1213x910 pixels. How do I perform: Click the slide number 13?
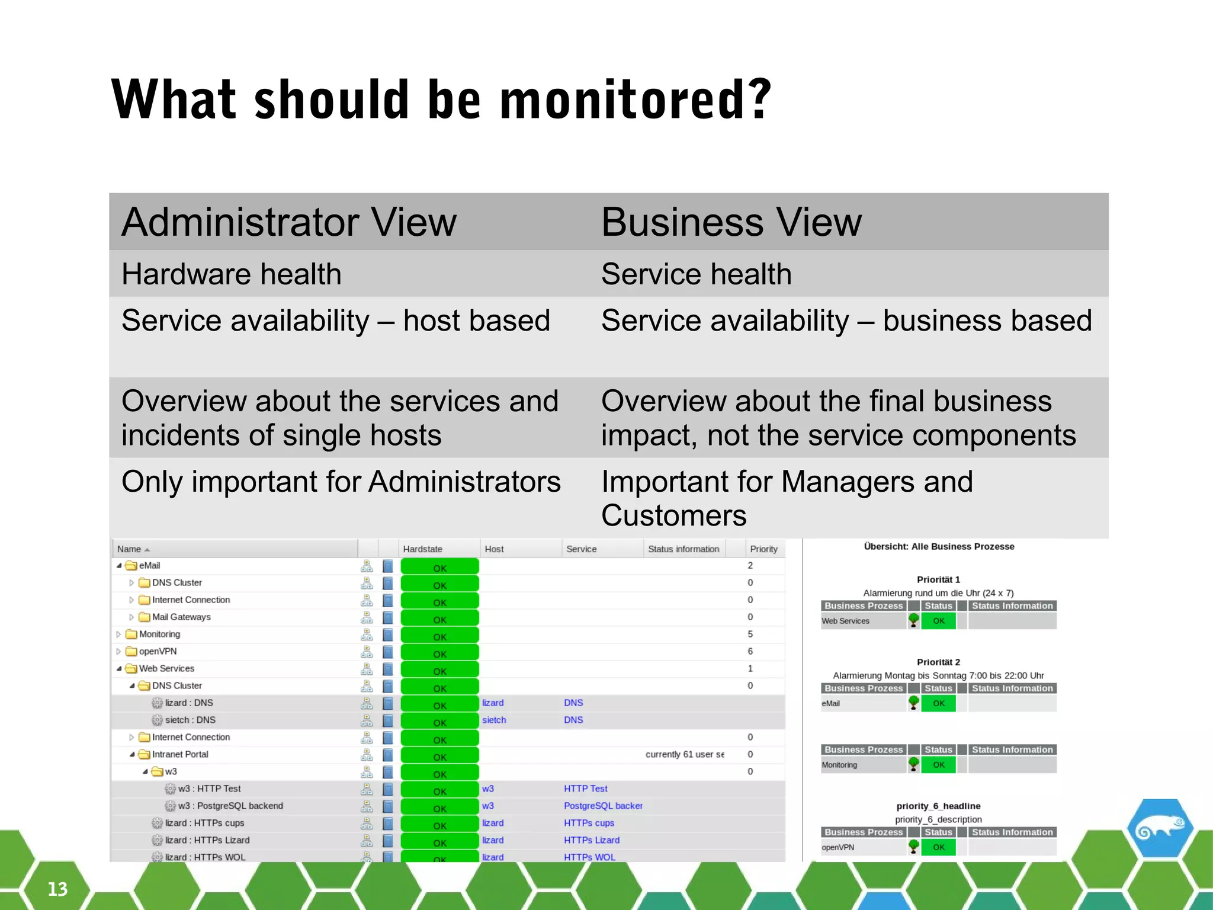coord(57,889)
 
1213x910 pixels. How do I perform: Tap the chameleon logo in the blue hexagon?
coord(1160,829)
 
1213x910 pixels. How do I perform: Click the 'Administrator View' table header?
coord(289,222)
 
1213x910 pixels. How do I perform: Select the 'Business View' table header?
coord(731,222)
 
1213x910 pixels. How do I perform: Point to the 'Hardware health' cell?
coord(232,274)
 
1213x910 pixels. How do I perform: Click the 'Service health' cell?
coord(696,274)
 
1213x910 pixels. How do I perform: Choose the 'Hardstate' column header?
coord(422,549)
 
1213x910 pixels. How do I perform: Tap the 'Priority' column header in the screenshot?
coord(763,549)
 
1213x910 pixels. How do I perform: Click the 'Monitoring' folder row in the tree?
coord(159,634)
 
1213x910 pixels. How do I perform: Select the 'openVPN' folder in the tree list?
coord(158,651)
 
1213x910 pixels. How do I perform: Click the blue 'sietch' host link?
coord(494,720)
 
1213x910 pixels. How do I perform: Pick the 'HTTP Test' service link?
coord(585,789)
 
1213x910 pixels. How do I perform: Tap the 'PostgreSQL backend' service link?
coord(602,806)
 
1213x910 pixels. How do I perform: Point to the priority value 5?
coord(750,634)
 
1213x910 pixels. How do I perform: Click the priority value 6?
coord(750,651)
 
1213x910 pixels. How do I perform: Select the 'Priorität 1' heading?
coord(938,579)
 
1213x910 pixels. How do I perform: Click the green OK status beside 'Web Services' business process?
coord(939,621)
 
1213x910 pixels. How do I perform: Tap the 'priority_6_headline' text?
coord(938,806)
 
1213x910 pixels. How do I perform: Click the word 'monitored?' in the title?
coord(636,100)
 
